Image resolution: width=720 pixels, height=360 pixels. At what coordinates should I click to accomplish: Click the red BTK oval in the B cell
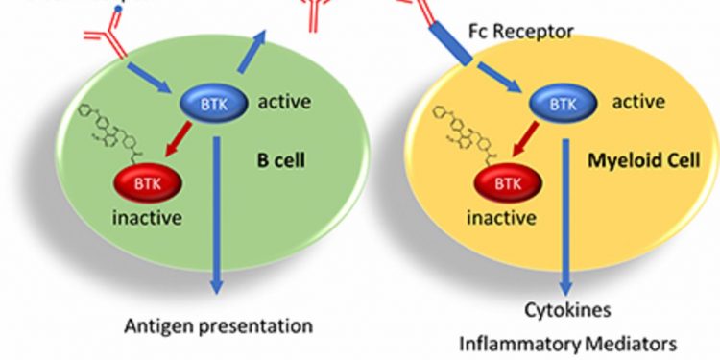coord(144,180)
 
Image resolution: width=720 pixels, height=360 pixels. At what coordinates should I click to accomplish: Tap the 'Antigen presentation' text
coord(219,325)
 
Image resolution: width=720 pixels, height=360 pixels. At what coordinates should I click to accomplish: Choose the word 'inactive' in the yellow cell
coord(501,218)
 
